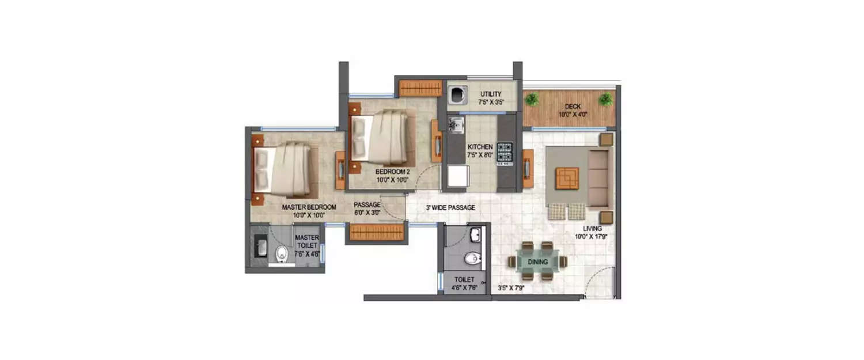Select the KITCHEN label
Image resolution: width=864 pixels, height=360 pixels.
click(x=480, y=147)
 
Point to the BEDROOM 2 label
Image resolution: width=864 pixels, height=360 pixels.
click(x=392, y=172)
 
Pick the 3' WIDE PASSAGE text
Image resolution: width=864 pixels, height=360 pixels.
click(x=450, y=207)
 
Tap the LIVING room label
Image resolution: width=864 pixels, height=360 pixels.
click(x=592, y=228)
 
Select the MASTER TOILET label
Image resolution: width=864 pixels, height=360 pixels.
click(x=307, y=241)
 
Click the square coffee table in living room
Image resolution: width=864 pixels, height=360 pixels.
click(x=568, y=177)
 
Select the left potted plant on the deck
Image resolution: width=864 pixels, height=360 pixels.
click(x=532, y=99)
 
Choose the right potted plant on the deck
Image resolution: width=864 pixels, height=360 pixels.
click(x=605, y=99)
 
